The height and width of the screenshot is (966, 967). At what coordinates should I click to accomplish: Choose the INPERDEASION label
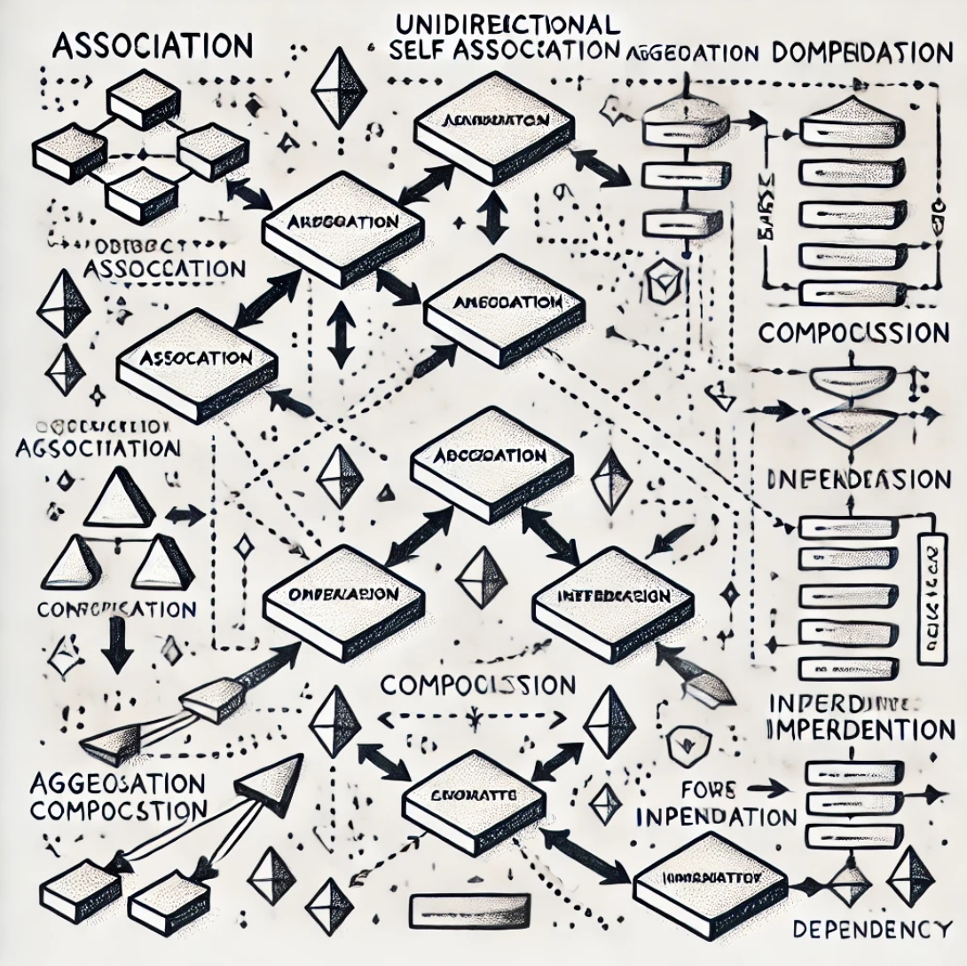coord(856,480)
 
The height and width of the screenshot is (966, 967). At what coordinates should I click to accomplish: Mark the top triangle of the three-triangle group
coord(121,500)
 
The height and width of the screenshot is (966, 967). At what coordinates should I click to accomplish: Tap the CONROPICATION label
coord(116,610)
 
